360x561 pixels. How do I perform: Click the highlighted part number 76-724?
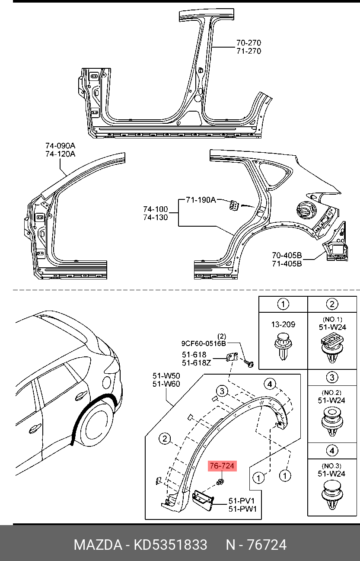click(x=222, y=466)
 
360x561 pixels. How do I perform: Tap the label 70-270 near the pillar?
click(x=248, y=43)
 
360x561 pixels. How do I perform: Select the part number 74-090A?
click(x=60, y=146)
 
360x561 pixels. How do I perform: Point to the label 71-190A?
click(x=201, y=200)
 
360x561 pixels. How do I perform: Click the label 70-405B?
click(x=287, y=255)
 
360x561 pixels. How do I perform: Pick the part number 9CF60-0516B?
click(x=204, y=344)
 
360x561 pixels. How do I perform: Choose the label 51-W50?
click(x=166, y=375)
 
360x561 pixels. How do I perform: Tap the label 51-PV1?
click(x=242, y=501)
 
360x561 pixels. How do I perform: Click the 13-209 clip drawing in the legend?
click(x=283, y=346)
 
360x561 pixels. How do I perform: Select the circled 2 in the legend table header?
click(x=332, y=304)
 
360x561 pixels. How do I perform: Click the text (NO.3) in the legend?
click(x=331, y=466)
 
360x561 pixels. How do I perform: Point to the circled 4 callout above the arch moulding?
click(x=270, y=384)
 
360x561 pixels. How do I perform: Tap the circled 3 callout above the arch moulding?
click(x=222, y=391)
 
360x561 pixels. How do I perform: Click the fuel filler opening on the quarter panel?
click(x=305, y=212)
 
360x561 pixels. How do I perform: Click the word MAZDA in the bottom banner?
click(x=98, y=545)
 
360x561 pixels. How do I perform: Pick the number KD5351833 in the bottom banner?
click(x=170, y=545)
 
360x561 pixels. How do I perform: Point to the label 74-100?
click(x=156, y=209)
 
